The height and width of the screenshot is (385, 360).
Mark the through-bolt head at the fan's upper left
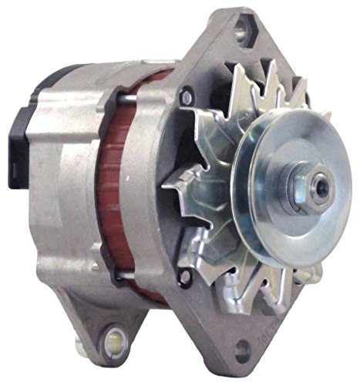(x=184, y=97)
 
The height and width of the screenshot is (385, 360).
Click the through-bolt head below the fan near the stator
(x=182, y=273)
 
